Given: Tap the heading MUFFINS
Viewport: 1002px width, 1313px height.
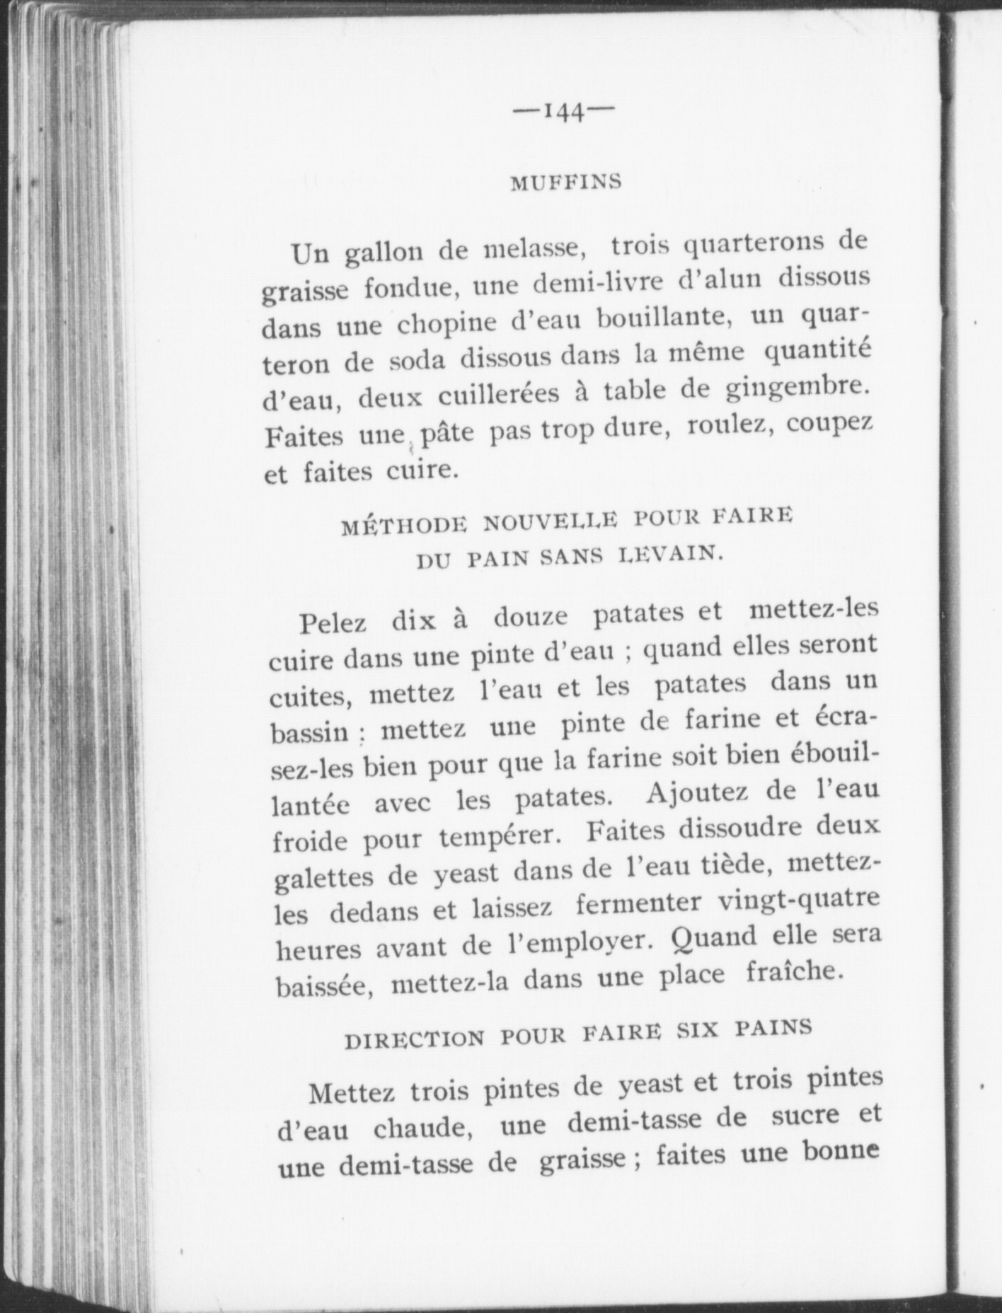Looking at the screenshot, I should tap(565, 182).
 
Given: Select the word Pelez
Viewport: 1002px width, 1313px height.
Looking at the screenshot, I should tap(333, 623).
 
